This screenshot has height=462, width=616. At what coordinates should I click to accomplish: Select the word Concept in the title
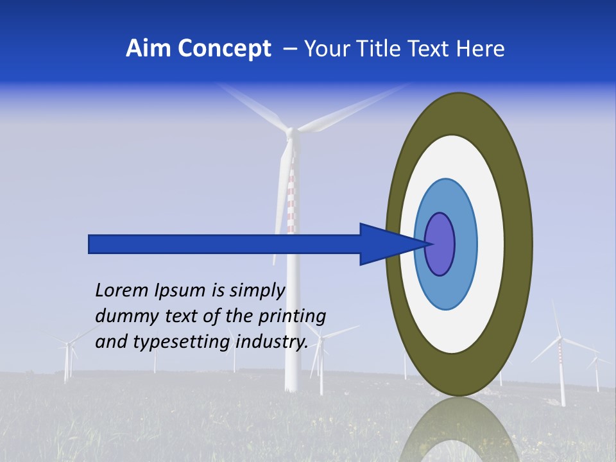point(224,49)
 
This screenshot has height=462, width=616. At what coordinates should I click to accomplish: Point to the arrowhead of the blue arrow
point(391,244)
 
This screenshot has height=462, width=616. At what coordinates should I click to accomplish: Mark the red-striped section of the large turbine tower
point(291,199)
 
